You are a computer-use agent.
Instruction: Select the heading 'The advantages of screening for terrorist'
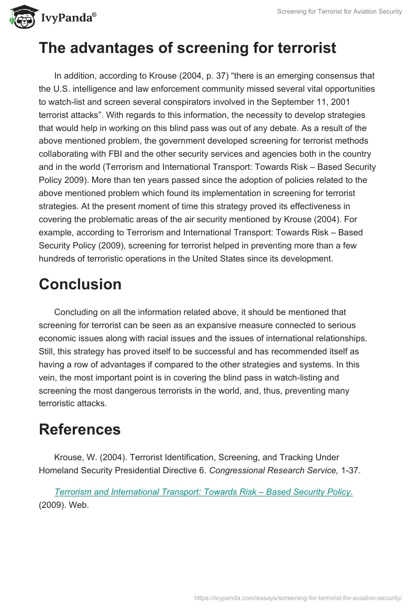pyautogui.click(x=187, y=48)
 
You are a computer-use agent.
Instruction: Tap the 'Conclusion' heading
pyautogui.click(x=80, y=284)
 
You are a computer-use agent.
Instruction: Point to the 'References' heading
pyautogui.click(x=80, y=429)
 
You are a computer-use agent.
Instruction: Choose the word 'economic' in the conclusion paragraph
pyautogui.click(x=60, y=338)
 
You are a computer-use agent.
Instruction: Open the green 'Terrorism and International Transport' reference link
pyautogui.click(x=203, y=492)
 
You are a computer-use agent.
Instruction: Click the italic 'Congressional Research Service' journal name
pyautogui.click(x=273, y=470)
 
